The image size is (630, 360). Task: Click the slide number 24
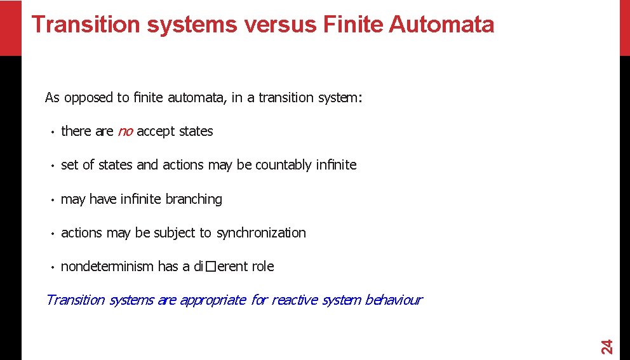[607, 347]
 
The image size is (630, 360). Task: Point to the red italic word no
[125, 131]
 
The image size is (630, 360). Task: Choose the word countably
[284, 165]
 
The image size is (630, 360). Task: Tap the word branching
[194, 199]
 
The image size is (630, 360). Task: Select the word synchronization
[261, 233]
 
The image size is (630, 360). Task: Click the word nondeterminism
[107, 267]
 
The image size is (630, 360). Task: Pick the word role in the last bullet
[262, 267]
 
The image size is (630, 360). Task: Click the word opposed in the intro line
[88, 98]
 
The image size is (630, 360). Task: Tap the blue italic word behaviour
[393, 300]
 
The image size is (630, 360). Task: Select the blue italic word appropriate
[213, 300]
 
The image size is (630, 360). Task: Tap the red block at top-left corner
[10, 27]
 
